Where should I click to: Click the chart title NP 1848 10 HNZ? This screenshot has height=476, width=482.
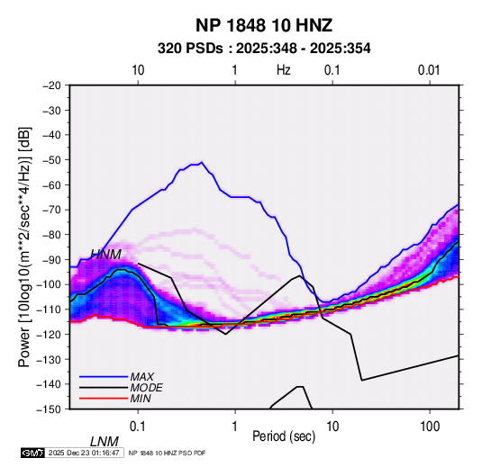click(264, 25)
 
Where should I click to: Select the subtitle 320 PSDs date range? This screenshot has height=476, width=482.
click(264, 49)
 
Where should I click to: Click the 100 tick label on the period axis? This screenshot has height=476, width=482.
click(430, 427)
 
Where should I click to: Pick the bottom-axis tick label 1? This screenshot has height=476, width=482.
click(235, 427)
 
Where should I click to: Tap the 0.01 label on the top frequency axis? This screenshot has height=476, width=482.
click(429, 70)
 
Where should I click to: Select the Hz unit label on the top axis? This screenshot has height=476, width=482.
click(284, 70)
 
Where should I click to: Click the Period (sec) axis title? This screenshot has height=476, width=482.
click(284, 436)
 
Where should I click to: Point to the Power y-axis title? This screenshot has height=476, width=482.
click(24, 247)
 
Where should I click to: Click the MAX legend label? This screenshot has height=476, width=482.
click(142, 377)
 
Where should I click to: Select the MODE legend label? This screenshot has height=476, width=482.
click(146, 388)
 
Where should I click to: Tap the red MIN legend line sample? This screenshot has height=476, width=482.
click(104, 399)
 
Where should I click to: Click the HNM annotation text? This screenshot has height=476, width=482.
click(105, 255)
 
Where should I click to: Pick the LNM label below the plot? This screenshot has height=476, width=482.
click(105, 442)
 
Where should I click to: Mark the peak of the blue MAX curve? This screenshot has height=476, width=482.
click(202, 162)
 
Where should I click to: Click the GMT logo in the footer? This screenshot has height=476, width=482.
click(33, 453)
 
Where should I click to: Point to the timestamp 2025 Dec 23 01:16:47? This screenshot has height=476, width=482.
click(84, 453)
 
